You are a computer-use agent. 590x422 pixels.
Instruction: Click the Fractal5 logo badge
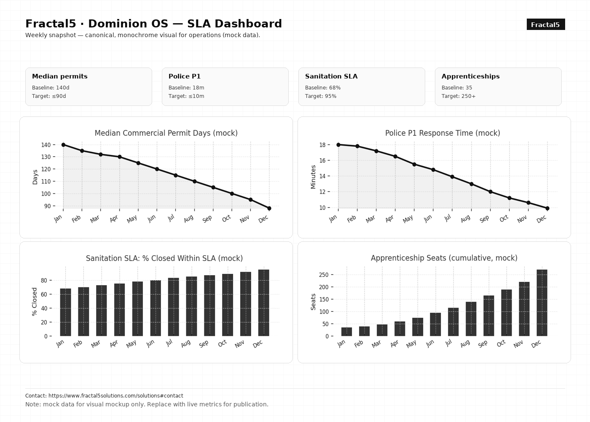tap(545, 24)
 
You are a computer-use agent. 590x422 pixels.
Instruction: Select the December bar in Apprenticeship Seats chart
tap(542, 303)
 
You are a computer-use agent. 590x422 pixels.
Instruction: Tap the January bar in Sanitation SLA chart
tap(65, 312)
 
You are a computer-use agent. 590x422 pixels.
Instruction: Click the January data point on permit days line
tap(63, 145)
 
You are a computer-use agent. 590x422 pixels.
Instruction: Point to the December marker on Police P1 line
tap(547, 208)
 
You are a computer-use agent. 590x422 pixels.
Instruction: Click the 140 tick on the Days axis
tap(46, 145)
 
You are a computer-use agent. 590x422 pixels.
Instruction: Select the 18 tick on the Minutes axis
tap(322, 145)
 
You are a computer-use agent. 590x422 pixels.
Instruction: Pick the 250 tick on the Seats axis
tap(324, 275)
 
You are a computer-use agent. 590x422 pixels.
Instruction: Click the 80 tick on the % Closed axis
tap(43, 280)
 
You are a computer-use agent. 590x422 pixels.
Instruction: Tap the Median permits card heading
tap(60, 76)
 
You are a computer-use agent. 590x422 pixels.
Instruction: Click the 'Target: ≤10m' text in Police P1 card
tap(186, 96)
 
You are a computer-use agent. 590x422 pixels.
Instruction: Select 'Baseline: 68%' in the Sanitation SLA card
tap(323, 88)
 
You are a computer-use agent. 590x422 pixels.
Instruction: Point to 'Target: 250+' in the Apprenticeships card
tap(459, 96)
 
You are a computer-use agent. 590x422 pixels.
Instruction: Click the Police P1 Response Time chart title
tap(442, 133)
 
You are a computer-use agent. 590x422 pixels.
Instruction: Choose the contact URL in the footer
tap(115, 396)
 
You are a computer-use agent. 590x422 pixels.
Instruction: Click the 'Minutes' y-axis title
tap(313, 177)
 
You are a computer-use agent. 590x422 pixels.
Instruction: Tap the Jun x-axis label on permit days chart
tap(152, 218)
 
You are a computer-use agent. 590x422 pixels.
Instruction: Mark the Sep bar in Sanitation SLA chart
tap(209, 306)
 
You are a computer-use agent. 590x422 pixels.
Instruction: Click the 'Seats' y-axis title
tap(313, 302)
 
